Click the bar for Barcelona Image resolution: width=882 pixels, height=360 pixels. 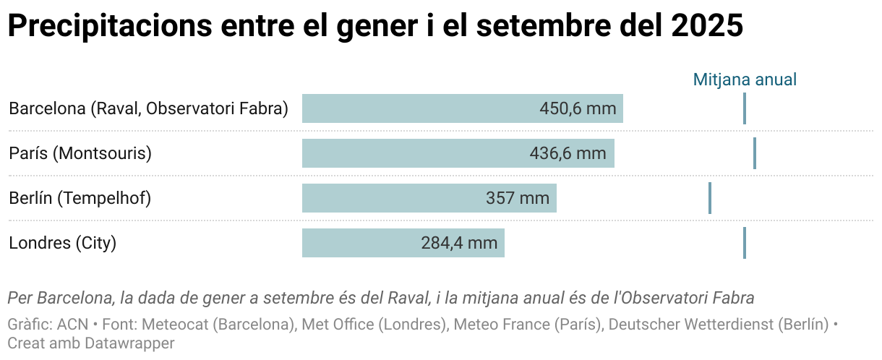[419, 108]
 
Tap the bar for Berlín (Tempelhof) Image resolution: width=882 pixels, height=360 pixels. [390, 198]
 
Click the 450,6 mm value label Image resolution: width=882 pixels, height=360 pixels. [578, 108]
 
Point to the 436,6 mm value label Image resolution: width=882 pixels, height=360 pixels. [568, 153]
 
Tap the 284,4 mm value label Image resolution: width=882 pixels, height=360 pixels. [459, 243]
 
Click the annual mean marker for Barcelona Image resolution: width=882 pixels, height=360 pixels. [744, 108]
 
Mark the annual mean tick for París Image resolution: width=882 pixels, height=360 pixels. [754, 153]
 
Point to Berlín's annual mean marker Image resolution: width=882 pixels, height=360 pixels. [710, 198]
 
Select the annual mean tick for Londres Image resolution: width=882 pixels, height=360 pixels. [744, 243]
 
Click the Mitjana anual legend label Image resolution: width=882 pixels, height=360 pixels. [745, 80]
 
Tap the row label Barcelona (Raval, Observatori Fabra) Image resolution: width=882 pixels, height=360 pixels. [148, 108]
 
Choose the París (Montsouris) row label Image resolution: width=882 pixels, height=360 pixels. [80, 153]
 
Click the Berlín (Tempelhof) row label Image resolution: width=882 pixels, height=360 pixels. [80, 198]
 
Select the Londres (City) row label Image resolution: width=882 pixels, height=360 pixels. [62, 243]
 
